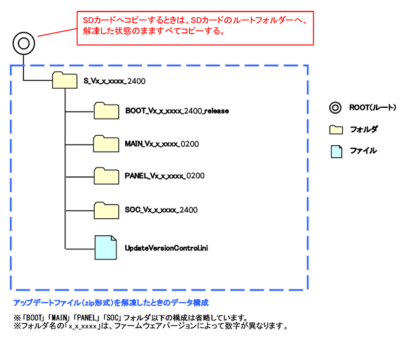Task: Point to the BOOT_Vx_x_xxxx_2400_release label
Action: pyautogui.click(x=177, y=111)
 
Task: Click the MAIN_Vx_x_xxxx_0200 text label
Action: pyautogui.click(x=162, y=144)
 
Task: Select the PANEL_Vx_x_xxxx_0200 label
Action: pyautogui.click(x=164, y=176)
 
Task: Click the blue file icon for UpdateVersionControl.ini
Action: pyautogui.click(x=106, y=247)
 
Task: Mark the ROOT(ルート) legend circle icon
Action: pyautogui.click(x=335, y=107)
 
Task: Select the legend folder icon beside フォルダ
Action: pyautogui.click(x=336, y=129)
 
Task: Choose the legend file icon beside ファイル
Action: pyautogui.click(x=336, y=151)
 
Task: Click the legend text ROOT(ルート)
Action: pyautogui.click(x=372, y=107)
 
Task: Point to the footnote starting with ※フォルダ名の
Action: pyautogui.click(x=151, y=327)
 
